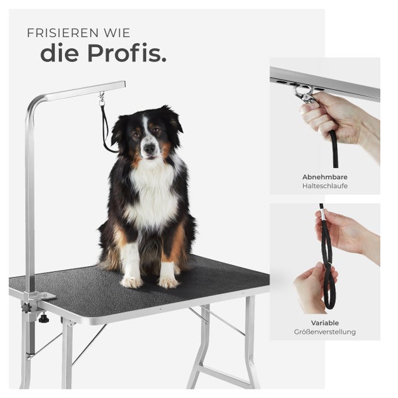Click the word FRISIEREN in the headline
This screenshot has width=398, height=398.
63,33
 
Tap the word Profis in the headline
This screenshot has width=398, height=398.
127,53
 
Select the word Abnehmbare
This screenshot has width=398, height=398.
325,177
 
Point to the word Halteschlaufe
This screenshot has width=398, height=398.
325,186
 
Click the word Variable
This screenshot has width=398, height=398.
325,323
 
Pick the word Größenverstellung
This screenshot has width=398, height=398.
325,332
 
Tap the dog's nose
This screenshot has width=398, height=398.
149,148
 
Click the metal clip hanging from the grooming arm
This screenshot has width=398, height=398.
101,98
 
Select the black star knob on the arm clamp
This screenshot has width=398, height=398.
27,308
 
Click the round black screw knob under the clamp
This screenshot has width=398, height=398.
44,318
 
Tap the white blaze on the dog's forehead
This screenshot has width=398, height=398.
145,125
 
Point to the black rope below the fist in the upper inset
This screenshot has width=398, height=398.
334,151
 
